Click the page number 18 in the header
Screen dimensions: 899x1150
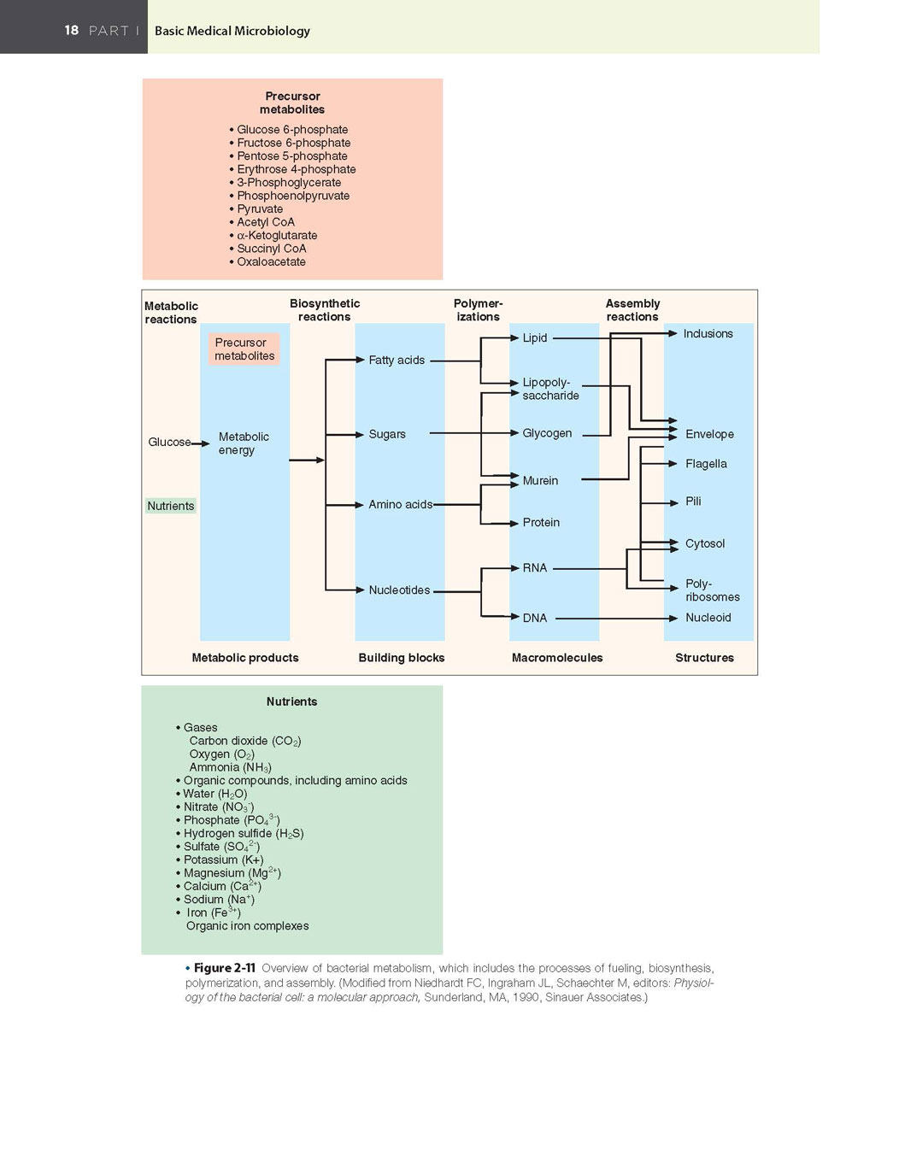point(72,30)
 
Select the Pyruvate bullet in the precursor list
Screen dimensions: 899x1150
point(256,209)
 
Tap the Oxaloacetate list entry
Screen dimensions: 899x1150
point(267,262)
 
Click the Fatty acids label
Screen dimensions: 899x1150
point(397,361)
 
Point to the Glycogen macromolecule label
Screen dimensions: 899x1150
point(547,433)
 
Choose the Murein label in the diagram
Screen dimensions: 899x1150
point(540,480)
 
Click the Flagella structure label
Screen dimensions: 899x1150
point(706,464)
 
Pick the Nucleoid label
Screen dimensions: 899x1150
point(708,618)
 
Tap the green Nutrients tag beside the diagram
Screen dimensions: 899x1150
point(170,506)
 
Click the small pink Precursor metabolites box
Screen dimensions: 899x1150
point(244,349)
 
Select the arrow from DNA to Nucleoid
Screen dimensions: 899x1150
point(616,618)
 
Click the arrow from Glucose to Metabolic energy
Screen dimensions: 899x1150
point(200,443)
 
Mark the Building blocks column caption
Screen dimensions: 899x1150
point(401,658)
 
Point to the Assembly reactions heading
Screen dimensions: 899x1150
point(632,310)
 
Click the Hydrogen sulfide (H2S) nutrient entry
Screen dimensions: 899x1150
point(240,834)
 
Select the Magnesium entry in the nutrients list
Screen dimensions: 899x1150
point(228,872)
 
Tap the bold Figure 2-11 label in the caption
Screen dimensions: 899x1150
point(225,968)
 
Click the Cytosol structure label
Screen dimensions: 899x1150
point(705,544)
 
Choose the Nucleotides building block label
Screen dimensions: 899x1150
point(399,590)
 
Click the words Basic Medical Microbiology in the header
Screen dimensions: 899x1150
point(232,31)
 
